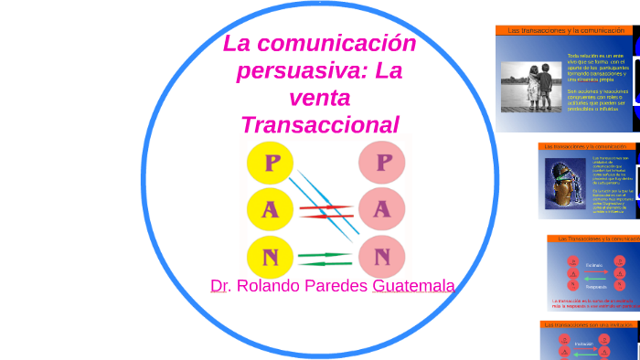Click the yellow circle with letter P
[272, 164]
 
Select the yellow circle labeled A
[270, 210]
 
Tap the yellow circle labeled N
[270, 256]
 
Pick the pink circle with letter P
[384, 164]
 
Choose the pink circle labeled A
[382, 209]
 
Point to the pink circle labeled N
[382, 255]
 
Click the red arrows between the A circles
[326, 212]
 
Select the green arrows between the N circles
[325, 258]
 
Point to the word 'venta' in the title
[320, 97]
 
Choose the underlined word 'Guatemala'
[413, 286]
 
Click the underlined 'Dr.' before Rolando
[219, 286]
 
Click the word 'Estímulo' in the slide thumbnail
[594, 265]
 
